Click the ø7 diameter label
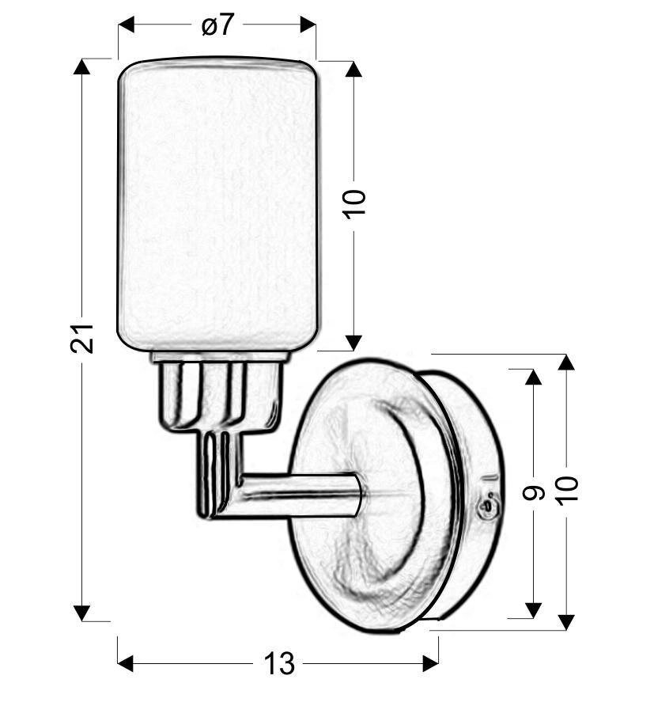[217, 25]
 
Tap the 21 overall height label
[82, 338]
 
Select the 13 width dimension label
[280, 663]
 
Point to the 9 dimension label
[533, 493]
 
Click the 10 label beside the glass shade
[354, 204]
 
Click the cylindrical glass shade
[217, 204]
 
